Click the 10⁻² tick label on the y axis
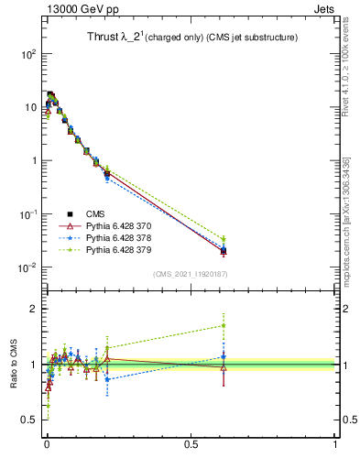click(26, 267)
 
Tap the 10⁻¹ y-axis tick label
click(26, 214)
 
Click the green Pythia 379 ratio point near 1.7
click(224, 325)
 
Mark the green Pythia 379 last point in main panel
click(224, 239)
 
